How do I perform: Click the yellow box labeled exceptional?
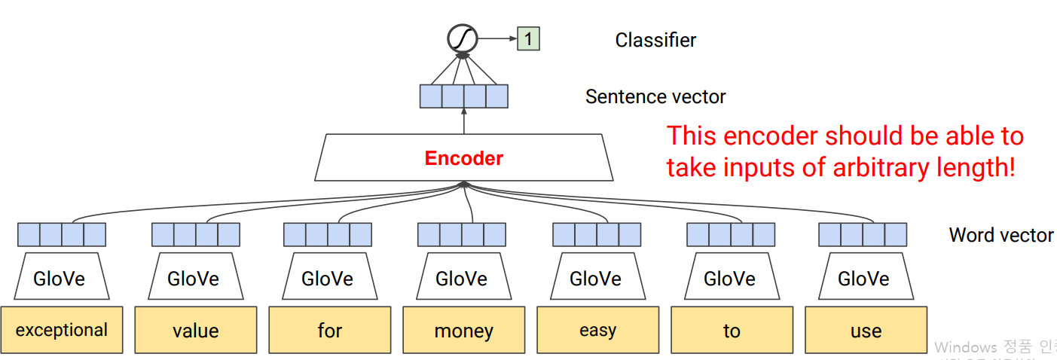click(x=62, y=330)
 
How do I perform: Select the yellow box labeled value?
click(x=196, y=330)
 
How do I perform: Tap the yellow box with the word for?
click(x=330, y=330)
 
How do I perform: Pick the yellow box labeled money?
click(x=464, y=330)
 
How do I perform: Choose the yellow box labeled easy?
click(x=598, y=330)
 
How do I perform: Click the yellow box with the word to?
click(x=732, y=330)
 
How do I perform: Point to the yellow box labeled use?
click(x=866, y=330)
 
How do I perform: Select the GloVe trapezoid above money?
click(x=462, y=279)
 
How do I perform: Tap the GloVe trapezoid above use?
click(x=864, y=279)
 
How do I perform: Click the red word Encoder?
click(x=463, y=158)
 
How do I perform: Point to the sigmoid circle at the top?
click(x=463, y=38)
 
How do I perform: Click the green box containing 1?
click(x=528, y=38)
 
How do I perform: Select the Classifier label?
click(x=655, y=40)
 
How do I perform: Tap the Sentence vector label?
click(x=655, y=96)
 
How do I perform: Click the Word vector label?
click(x=1001, y=235)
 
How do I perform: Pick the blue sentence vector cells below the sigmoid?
click(x=463, y=96)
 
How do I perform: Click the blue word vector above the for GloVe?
click(x=328, y=235)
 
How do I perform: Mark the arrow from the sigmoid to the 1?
click(x=497, y=38)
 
